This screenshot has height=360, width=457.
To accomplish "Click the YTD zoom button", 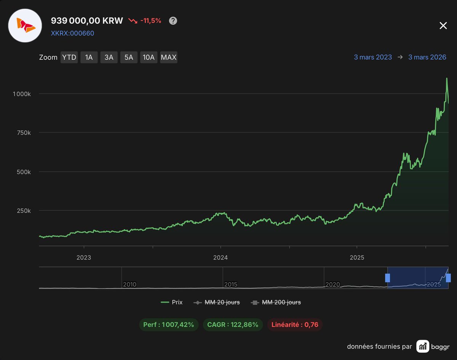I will coord(69,57).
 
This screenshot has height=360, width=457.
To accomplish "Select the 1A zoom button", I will coord(89,57).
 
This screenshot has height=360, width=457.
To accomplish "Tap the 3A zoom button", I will coord(109,57).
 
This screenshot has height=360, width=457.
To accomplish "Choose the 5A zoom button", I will coord(129,57).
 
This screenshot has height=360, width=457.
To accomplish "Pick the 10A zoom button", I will coord(149,57).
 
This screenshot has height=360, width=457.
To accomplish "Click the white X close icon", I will coord(443,25).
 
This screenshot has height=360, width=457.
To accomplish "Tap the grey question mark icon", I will coord(173,21).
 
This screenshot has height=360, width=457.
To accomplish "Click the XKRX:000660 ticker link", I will coord(72,33).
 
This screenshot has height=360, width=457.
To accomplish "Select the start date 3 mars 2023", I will coord(373,57).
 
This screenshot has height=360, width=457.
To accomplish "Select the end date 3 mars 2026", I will coord(427,57).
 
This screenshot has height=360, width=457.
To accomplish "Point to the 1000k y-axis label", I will coord(22,94).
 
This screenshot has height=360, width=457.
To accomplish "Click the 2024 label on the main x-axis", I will coord(221,258).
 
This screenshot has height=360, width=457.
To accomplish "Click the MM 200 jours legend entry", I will coord(276,303).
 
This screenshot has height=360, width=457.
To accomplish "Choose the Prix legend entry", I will coord(172,303).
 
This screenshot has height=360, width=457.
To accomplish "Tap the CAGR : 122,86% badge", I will coord(233,325).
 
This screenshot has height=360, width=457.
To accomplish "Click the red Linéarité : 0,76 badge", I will coord(295,325).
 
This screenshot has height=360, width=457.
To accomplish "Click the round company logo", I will coord(25,25).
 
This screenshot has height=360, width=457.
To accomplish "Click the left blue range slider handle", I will coord(387,278).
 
